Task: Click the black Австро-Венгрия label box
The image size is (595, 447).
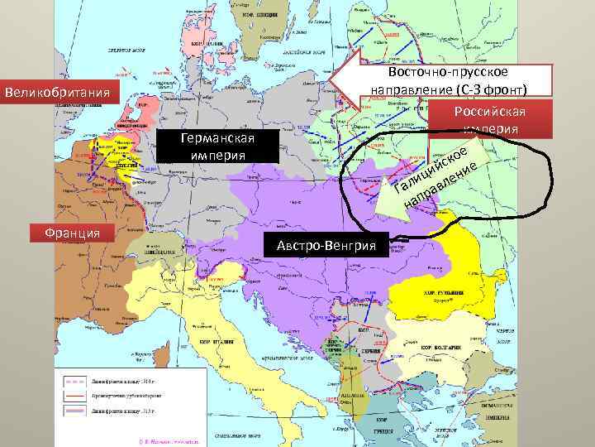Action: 325,245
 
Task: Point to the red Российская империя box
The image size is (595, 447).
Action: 489,120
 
